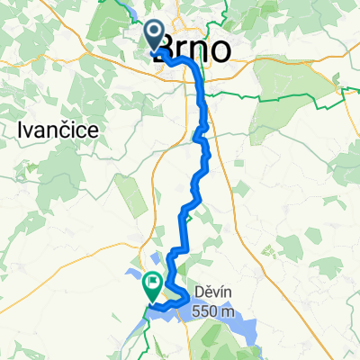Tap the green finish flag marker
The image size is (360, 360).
pyautogui.click(x=152, y=286)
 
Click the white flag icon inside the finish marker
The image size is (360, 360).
pyautogui.click(x=152, y=283)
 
